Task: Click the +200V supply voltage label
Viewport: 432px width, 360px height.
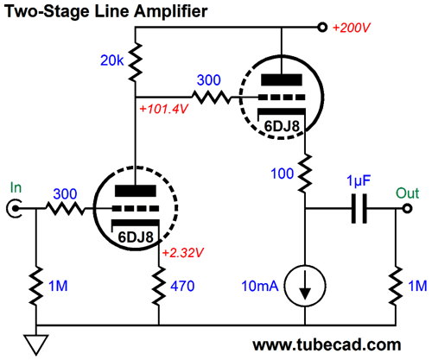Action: point(352,28)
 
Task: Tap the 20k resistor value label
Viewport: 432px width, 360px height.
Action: point(112,60)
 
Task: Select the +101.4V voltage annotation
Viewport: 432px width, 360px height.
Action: point(163,109)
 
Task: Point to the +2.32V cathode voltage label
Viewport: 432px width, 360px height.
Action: point(183,253)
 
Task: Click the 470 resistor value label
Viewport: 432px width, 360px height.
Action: point(182,286)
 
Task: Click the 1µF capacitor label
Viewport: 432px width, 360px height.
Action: point(359,181)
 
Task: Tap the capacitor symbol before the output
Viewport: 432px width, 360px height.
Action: point(359,209)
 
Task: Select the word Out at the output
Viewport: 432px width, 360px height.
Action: point(407,193)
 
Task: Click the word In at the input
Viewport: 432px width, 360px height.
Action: point(16,187)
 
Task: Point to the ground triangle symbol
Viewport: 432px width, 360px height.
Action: point(36,344)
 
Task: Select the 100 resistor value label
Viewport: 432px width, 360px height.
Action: point(283,174)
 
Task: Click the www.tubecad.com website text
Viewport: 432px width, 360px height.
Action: point(327,344)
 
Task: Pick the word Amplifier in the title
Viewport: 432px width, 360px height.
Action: point(171,12)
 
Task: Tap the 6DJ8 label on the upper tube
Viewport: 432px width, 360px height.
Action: point(282,126)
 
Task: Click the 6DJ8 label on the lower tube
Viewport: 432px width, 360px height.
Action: point(136,237)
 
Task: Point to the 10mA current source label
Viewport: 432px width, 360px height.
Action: point(260,286)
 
